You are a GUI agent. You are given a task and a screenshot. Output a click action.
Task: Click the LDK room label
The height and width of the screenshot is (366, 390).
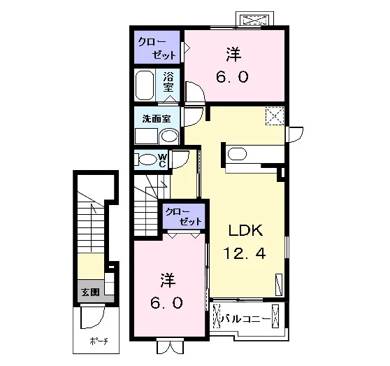coord(245,230)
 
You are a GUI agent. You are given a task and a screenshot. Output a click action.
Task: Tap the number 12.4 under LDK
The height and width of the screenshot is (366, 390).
coord(245,253)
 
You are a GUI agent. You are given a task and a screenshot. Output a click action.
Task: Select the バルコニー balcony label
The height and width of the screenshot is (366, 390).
coord(246,319)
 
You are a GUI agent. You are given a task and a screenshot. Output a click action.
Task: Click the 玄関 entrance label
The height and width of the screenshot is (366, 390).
coord(91,292)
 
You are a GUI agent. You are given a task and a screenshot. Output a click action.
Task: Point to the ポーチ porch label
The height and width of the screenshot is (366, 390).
coord(99,341)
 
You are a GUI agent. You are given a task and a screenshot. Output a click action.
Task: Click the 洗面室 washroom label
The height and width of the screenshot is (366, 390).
coord(157,119)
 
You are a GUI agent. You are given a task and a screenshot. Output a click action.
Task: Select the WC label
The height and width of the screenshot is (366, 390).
coord(162,160)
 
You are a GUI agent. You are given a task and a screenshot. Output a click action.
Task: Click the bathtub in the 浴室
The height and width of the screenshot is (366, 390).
coord(145,85)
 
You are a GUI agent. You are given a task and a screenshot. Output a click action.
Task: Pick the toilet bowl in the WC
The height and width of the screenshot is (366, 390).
coord(147,160)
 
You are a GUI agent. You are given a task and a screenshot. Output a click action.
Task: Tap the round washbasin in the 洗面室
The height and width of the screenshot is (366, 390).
coord(170,136)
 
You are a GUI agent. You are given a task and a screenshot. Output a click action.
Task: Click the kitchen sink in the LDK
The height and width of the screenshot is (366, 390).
coord(237,154)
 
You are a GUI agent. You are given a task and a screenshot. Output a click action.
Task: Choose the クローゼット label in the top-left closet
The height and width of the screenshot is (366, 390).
coord(157,48)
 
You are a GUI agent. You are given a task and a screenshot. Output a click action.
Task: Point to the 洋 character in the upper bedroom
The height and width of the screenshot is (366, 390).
coord(233,55)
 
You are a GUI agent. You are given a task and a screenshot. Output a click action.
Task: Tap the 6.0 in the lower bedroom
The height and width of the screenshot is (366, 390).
coord(166,302)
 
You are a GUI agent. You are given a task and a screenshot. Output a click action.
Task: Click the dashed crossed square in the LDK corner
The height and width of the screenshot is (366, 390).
coord(275,115)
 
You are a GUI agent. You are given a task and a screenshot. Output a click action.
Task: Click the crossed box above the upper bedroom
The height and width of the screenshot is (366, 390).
coord(256,20)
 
